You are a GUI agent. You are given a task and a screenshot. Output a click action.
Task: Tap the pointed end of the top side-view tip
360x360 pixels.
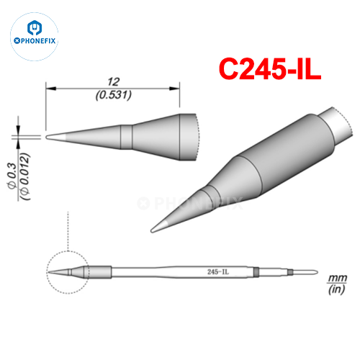point(48,135)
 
